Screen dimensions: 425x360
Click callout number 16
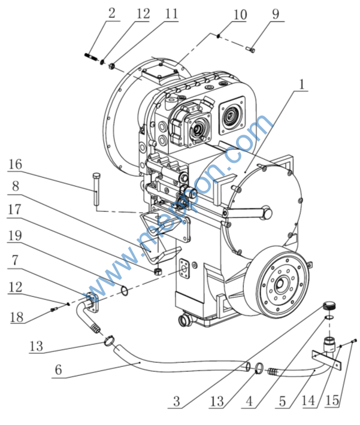coord(15,164)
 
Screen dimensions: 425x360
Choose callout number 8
coord(15,186)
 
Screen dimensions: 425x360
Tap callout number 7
coord(15,261)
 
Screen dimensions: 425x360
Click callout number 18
coord(15,318)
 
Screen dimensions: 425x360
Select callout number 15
coord(334,400)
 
